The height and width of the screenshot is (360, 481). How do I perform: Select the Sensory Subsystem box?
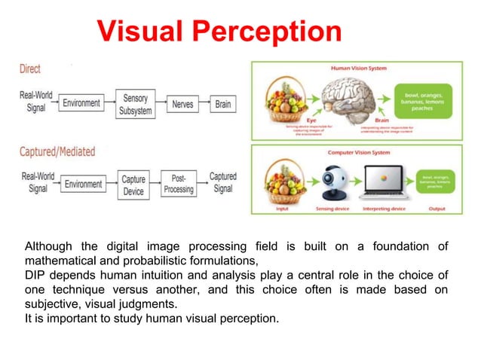point(136,104)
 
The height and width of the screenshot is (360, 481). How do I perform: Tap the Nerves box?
point(182,104)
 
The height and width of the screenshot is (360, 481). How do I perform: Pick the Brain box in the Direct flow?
point(222,104)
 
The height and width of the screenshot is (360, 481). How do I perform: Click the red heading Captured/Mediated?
point(57,151)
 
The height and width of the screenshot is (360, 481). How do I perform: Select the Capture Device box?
point(133,185)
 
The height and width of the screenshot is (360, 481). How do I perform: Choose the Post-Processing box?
point(178,185)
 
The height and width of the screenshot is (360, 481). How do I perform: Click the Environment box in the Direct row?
point(81,104)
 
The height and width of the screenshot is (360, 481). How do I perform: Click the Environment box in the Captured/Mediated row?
point(81,185)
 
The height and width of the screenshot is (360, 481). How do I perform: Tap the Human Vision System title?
point(359,68)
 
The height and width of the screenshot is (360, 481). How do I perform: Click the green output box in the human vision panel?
point(424,99)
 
